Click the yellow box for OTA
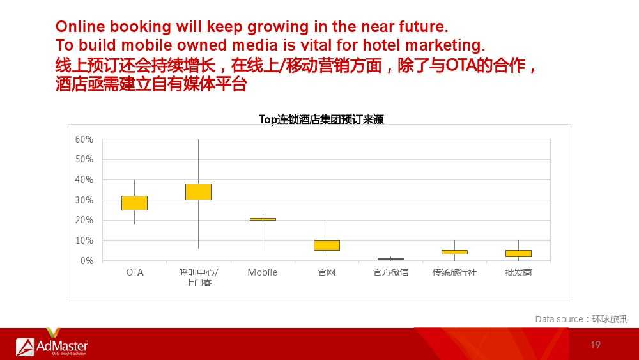click(134, 203)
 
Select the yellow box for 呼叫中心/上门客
click(199, 192)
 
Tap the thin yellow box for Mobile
click(263, 219)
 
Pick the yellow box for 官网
click(327, 245)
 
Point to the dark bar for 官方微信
click(391, 260)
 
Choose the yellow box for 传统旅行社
click(455, 253)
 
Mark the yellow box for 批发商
click(518, 254)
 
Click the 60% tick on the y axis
click(84, 139)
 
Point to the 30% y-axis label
click(84, 200)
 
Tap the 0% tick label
click(87, 261)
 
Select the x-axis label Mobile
click(263, 272)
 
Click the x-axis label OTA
click(135, 272)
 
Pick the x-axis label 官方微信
click(391, 272)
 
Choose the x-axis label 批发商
click(518, 272)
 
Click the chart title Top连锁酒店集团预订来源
click(321, 120)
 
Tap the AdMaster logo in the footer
click(52, 347)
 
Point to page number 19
click(596, 345)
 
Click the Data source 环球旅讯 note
click(581, 319)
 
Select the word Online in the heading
click(81, 26)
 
